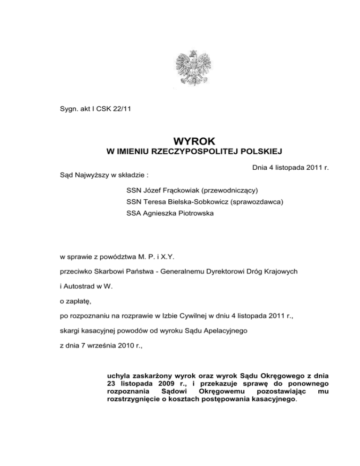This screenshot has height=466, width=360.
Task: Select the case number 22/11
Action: (125, 111)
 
